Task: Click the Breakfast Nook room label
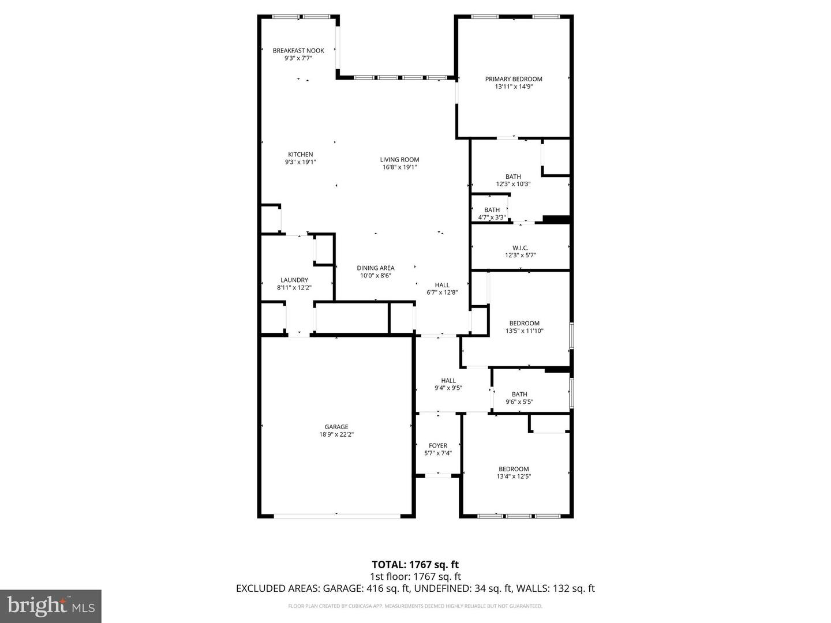(x=298, y=51)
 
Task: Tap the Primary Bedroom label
(x=514, y=79)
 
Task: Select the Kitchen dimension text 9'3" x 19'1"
(x=300, y=162)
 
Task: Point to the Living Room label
(x=399, y=160)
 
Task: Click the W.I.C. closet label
(x=520, y=248)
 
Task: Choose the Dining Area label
(x=375, y=268)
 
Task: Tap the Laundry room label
(x=294, y=280)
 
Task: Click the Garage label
(x=336, y=427)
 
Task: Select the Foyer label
(x=438, y=446)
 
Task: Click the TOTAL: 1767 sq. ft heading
(x=415, y=565)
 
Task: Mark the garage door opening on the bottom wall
(x=337, y=515)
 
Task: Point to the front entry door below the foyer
(x=438, y=475)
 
